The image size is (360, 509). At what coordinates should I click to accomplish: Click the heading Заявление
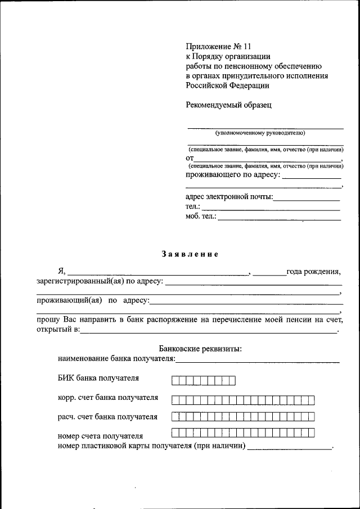pos(190,254)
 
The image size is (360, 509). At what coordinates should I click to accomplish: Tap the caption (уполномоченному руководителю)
pos(260,133)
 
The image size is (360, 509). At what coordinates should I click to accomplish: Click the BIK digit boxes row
pos(204,381)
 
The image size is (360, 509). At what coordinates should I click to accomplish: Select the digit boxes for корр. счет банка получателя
pos(243,400)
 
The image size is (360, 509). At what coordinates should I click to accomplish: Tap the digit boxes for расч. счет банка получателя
pos(243,417)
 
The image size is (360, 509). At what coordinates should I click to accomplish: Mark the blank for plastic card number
pos(290,449)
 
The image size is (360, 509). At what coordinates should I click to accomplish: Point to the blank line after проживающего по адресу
pos(311,178)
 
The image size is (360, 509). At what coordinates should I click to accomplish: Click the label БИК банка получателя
pos(98,378)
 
